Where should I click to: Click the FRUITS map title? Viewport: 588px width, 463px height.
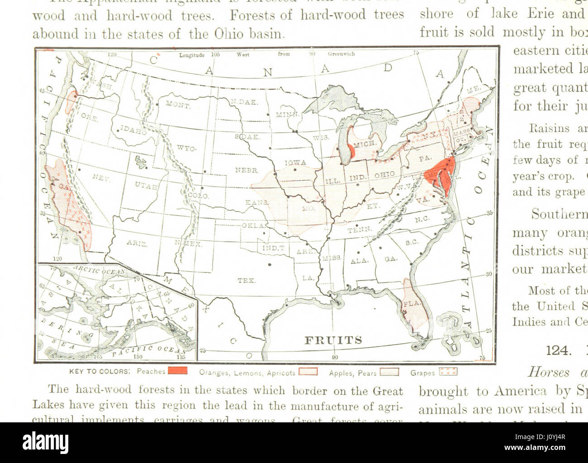(x=333, y=340)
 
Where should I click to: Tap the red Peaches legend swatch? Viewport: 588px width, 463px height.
(x=177, y=371)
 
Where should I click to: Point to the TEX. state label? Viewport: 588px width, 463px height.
(x=246, y=281)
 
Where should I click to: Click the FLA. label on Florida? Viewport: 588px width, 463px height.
(x=411, y=304)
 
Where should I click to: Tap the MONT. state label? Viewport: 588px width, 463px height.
(x=178, y=105)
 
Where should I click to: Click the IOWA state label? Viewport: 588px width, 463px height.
(x=295, y=163)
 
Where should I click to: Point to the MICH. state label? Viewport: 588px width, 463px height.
(x=365, y=144)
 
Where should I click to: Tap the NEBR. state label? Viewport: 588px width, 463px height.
(x=247, y=170)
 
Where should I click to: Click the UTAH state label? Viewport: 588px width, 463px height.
(x=146, y=185)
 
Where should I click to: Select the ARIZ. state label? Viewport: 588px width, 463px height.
(x=136, y=243)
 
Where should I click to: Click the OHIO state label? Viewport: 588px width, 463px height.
(x=384, y=175)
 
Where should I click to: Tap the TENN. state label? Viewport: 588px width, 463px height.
(x=359, y=229)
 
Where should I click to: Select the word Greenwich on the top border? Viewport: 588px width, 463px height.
(x=341, y=54)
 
